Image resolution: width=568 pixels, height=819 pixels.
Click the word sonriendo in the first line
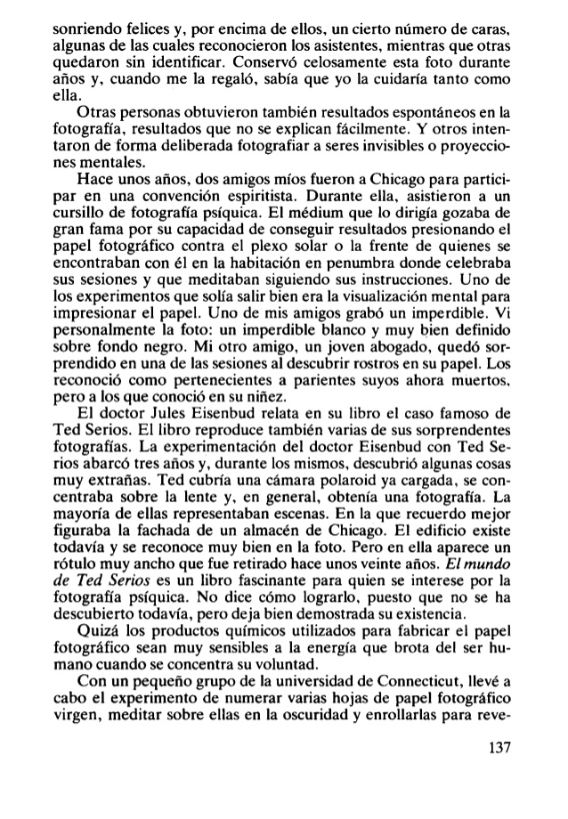coord(65,11)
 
